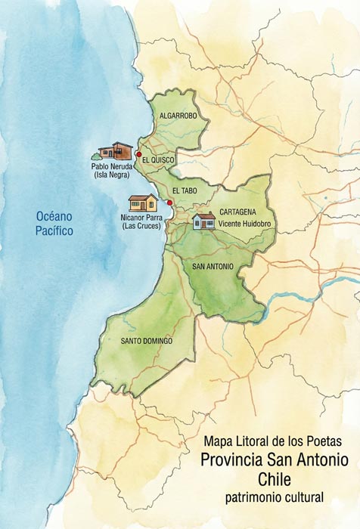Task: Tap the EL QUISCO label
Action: pyautogui.click(x=157, y=159)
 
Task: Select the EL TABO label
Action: pyautogui.click(x=185, y=191)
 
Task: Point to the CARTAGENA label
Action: pyautogui.click(x=237, y=213)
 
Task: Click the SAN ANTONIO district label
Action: pyautogui.click(x=213, y=267)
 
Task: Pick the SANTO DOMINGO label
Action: pyautogui.click(x=147, y=341)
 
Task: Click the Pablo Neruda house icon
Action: pyautogui.click(x=116, y=150)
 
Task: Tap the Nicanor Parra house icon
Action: pyautogui.click(x=143, y=203)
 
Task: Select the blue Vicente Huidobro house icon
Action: pyautogui.click(x=203, y=221)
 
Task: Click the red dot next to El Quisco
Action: pyautogui.click(x=138, y=154)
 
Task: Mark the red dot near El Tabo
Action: pyautogui.click(x=169, y=203)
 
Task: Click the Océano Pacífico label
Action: pyautogui.click(x=55, y=224)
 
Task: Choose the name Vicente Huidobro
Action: pyautogui.click(x=244, y=224)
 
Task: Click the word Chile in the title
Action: pyautogui.click(x=274, y=479)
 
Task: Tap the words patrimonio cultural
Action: pyautogui.click(x=274, y=497)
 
